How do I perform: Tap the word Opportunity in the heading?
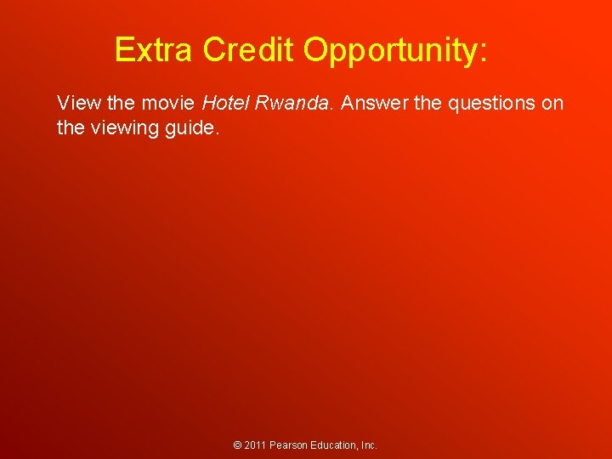click(x=391, y=51)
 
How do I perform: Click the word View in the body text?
click(x=75, y=104)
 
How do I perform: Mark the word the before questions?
click(x=428, y=104)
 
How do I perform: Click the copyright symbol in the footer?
click(x=238, y=445)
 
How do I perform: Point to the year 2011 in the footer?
click(x=255, y=445)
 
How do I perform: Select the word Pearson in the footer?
click(x=289, y=445)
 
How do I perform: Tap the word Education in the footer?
click(x=335, y=445)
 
